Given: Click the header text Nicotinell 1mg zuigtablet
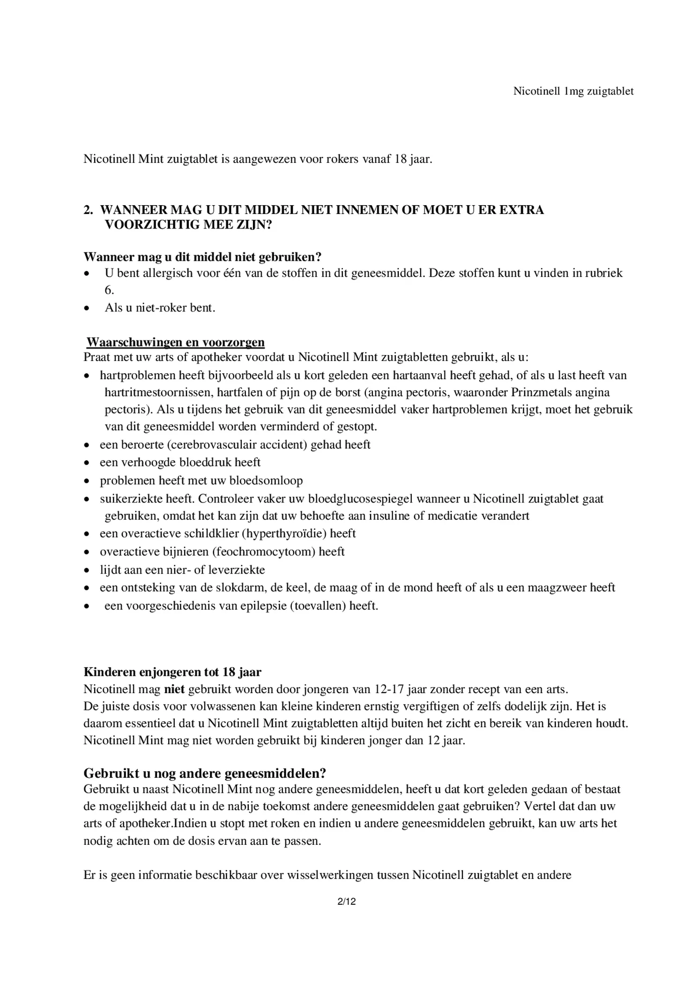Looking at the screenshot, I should tap(573, 91).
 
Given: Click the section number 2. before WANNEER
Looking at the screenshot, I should tap(88, 210).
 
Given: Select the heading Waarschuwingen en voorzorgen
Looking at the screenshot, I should tap(175, 342).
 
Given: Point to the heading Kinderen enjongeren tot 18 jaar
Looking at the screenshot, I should tap(172, 672).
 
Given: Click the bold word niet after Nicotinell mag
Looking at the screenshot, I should tap(174, 689).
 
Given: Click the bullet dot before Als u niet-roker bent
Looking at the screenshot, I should tap(86, 309).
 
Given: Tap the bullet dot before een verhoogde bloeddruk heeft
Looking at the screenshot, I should tap(86, 463).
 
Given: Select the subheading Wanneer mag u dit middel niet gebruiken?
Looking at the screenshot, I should tap(202, 257).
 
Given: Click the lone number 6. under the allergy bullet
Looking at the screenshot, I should tap(109, 290).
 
